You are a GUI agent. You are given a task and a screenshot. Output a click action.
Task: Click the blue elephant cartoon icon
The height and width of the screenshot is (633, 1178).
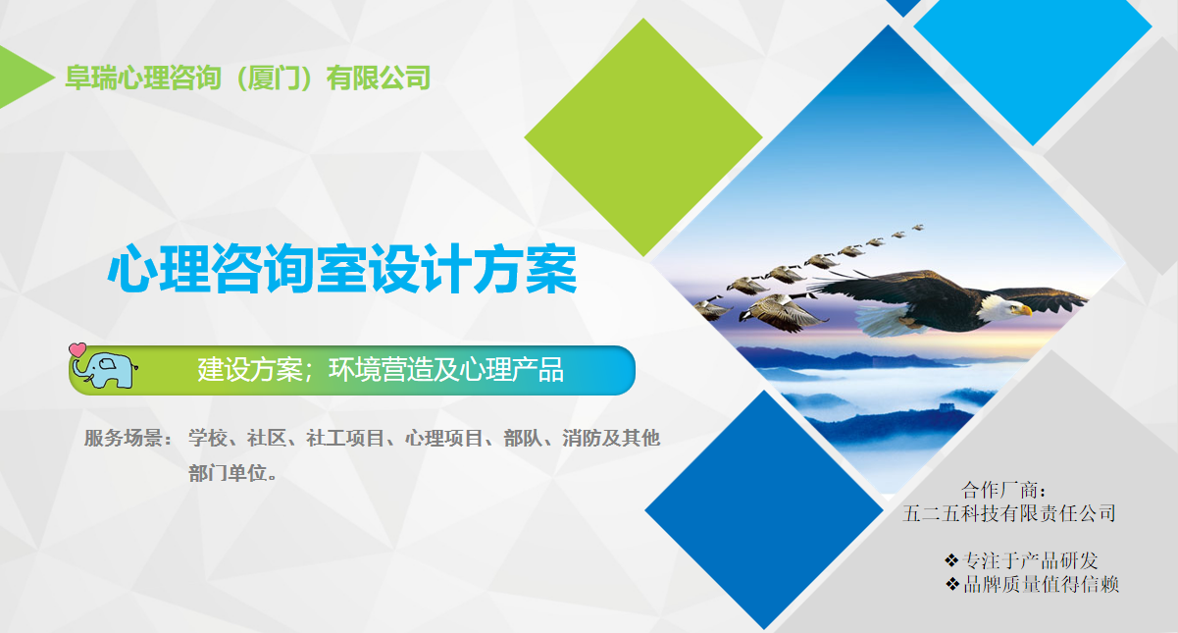pos(105,370)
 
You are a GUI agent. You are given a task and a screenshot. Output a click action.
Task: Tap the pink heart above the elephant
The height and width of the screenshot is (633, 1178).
pos(77,350)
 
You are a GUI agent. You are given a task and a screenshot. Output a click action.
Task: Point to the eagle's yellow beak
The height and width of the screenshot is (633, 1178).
pos(1024,310)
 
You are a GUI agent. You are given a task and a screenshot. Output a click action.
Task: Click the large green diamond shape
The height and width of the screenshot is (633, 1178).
pos(643,137)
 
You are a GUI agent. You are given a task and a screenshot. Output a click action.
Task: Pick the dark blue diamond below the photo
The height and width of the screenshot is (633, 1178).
pos(764,509)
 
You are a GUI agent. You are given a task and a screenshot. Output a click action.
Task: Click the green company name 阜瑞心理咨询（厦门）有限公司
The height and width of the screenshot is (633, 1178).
pos(248,78)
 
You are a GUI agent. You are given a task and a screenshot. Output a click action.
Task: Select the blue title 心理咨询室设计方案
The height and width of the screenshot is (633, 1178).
pos(342,269)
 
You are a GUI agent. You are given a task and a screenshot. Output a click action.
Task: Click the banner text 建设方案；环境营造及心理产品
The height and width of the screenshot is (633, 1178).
pos(381,369)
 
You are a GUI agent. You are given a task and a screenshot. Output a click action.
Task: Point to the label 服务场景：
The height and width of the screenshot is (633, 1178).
pos(128,438)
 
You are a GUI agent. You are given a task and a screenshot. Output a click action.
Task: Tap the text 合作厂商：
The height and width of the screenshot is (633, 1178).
pos(1004,490)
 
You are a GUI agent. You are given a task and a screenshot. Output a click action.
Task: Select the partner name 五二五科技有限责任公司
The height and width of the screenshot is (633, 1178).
pos(1009,513)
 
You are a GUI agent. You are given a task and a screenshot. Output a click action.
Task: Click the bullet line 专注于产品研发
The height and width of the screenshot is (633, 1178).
pos(1021,561)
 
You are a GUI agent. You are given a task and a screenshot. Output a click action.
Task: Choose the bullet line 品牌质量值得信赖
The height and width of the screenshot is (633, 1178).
pos(1032,584)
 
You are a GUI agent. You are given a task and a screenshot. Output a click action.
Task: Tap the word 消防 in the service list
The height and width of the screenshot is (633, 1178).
pos(581,438)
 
